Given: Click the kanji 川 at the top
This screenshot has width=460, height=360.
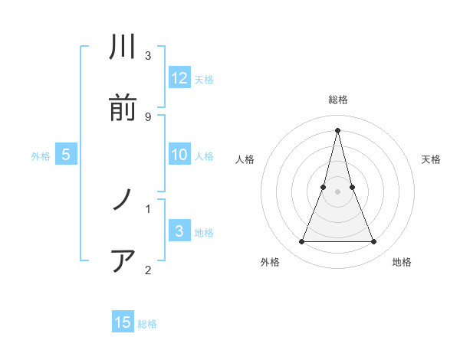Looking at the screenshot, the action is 123,48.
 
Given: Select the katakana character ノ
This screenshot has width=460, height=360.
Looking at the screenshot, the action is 123,201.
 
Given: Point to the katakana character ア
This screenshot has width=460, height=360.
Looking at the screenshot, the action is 123,261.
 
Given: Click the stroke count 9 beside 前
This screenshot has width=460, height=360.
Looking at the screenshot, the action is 147,116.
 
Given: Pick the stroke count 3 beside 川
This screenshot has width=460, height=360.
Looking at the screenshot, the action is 147,56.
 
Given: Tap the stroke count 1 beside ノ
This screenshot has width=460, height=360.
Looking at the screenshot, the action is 147,208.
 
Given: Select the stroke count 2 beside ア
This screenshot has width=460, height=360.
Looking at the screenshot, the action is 147,269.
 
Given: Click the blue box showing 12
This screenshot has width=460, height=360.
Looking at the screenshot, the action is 179,78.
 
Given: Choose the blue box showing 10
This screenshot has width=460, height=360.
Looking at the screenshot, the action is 179,155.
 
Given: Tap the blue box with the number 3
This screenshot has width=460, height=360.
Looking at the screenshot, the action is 179,231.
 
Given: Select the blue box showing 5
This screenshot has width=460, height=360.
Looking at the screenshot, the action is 66,155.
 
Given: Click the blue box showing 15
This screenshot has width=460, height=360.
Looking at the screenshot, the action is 123,322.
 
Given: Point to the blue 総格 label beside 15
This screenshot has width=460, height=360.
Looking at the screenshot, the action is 147,324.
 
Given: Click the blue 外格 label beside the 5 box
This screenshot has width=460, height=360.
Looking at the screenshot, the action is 41,156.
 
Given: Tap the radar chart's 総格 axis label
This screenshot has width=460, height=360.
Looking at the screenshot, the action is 338,100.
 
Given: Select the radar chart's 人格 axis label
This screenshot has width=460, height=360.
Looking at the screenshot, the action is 245,159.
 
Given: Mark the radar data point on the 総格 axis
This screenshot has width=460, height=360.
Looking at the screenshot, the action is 337,129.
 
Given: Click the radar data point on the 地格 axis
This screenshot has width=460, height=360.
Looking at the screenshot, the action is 374,242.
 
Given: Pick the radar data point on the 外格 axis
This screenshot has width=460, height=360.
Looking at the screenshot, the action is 301,242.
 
